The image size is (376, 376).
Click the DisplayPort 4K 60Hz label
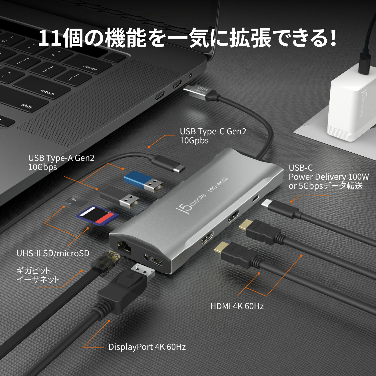147,347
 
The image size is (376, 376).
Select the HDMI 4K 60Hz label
237,306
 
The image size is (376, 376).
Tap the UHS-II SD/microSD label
53,253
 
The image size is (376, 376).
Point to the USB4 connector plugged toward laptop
198,91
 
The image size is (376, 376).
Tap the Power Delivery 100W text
329,177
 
